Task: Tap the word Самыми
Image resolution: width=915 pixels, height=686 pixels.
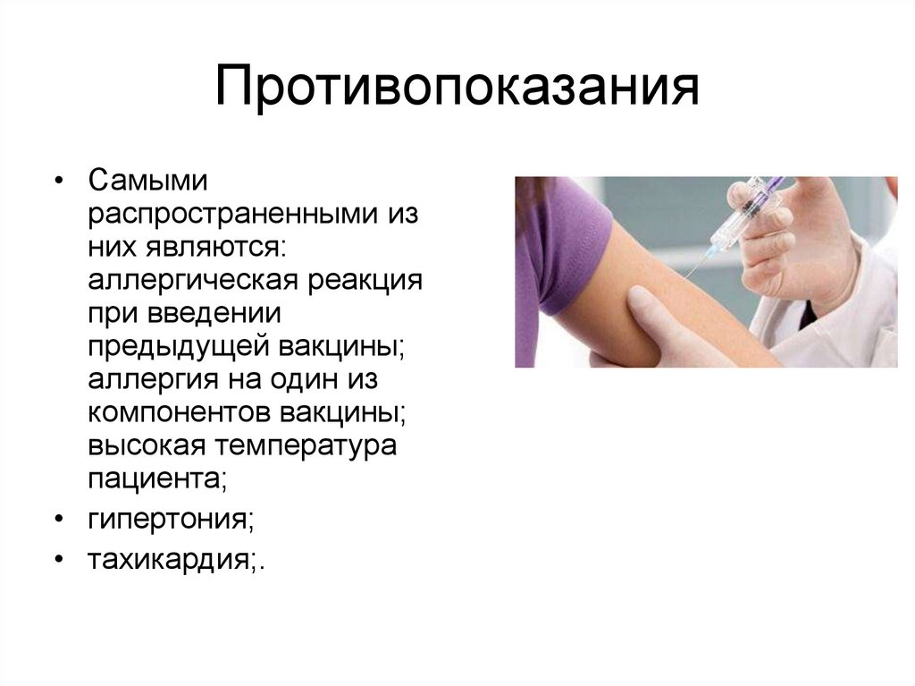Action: [147, 181]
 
